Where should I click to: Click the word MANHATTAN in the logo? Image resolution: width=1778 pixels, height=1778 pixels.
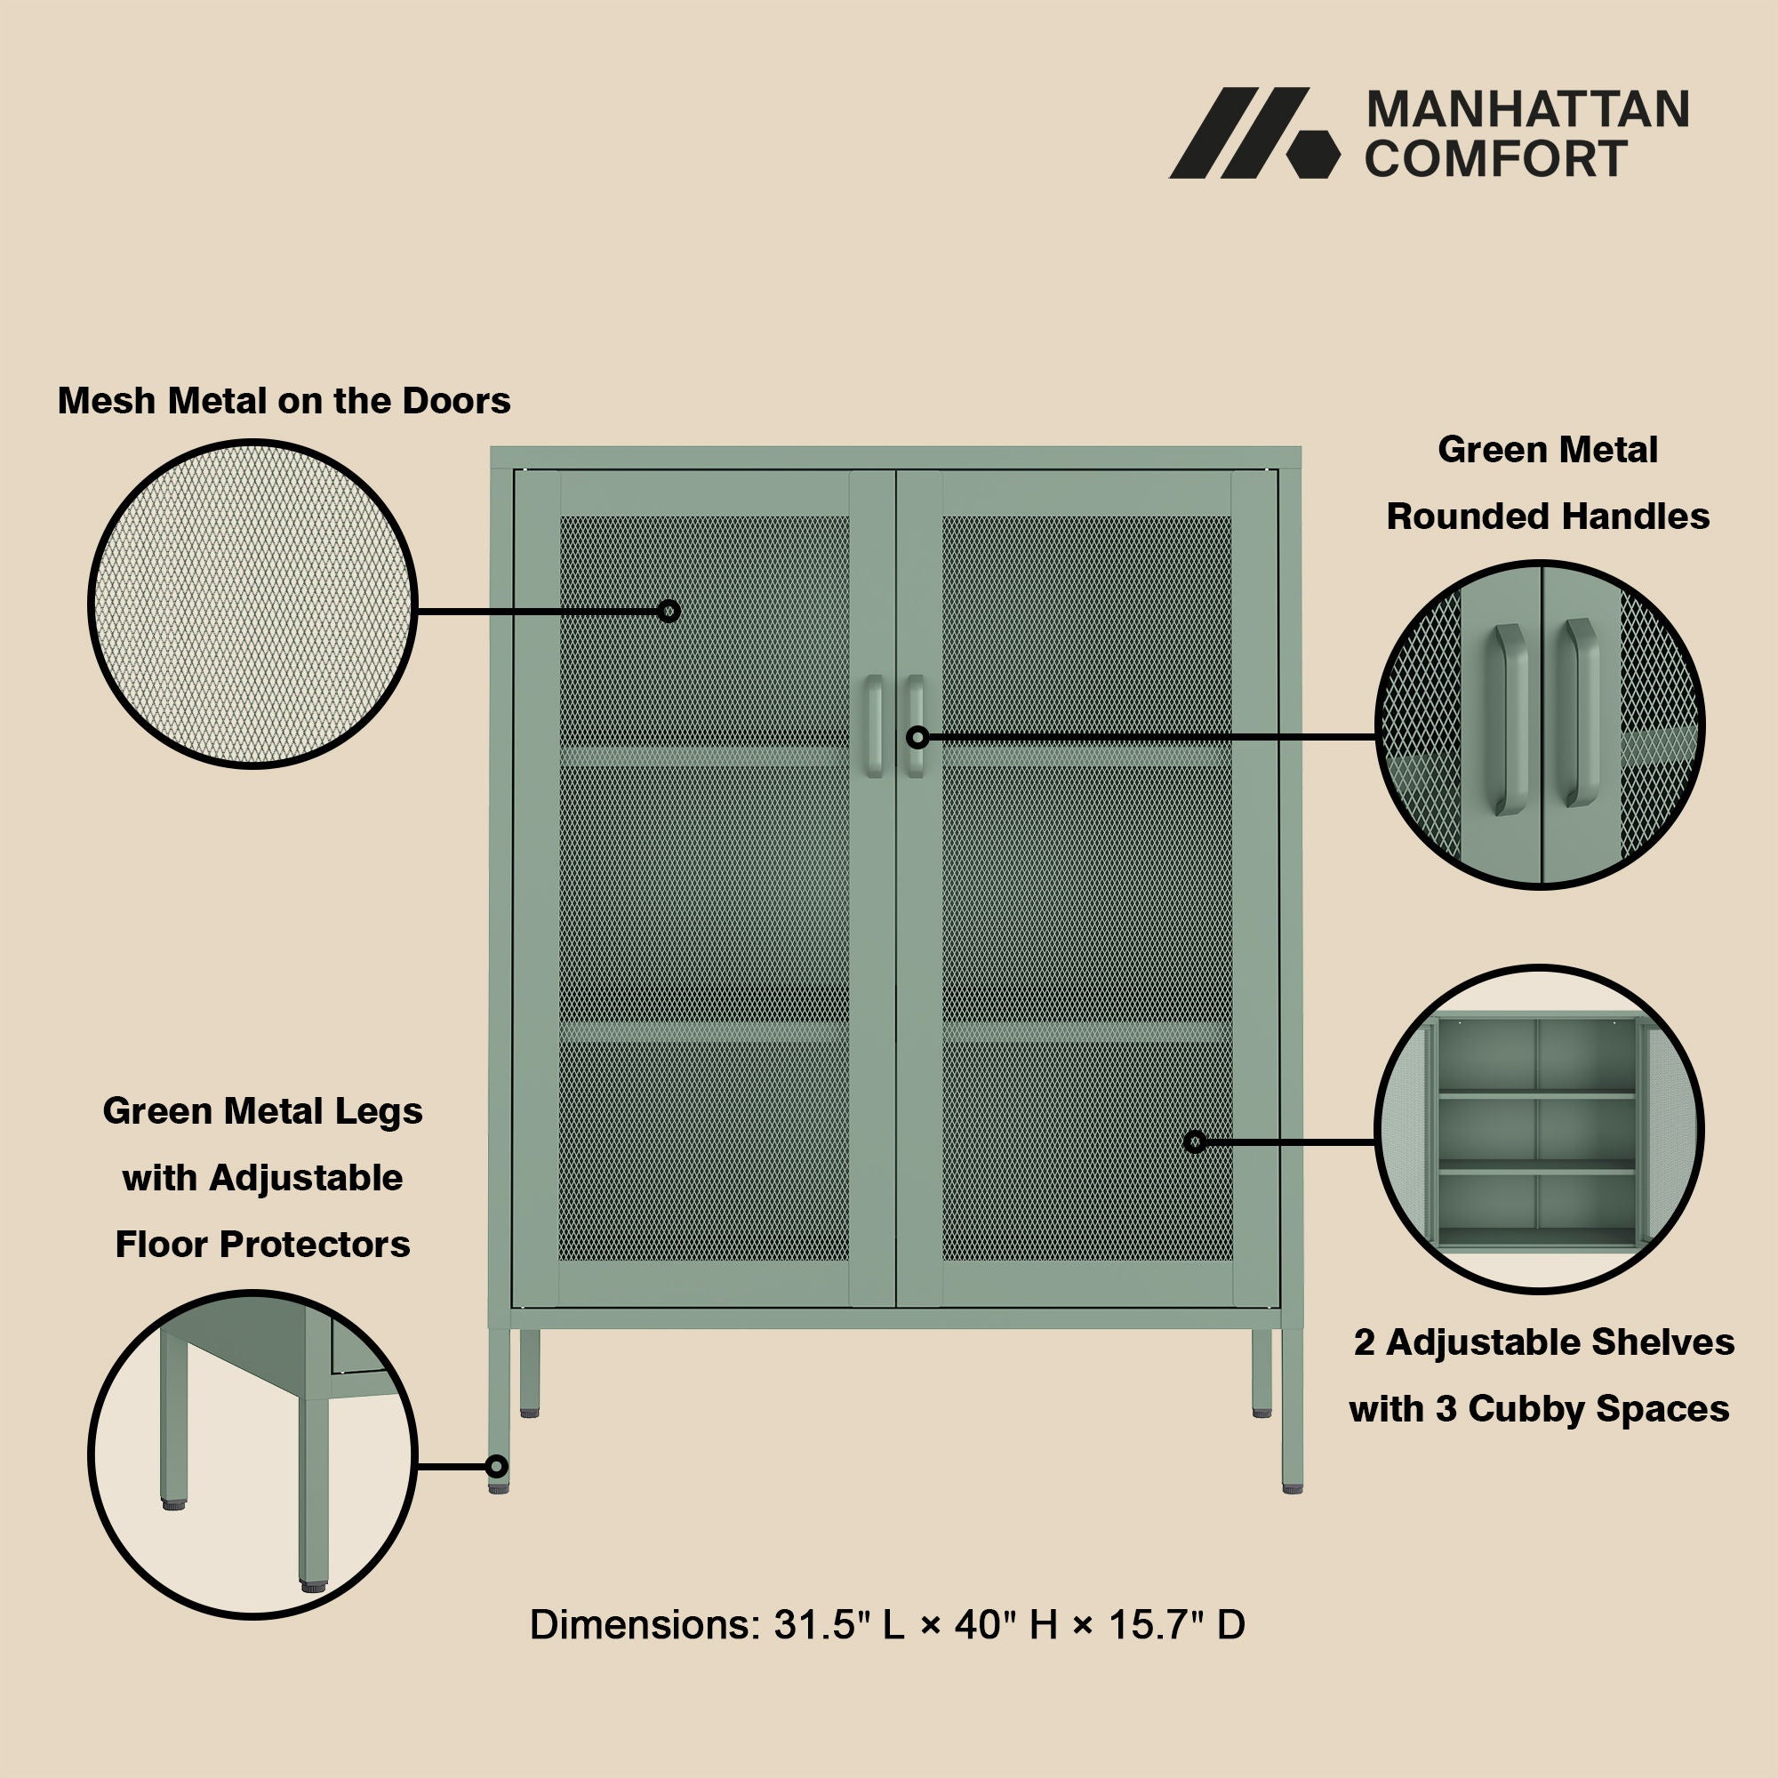pyautogui.click(x=1527, y=110)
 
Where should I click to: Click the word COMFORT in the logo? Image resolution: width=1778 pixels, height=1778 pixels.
pyautogui.click(x=1495, y=158)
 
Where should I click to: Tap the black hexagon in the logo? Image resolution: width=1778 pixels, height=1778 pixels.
pyautogui.click(x=1312, y=153)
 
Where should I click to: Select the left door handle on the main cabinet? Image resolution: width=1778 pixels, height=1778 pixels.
pyautogui.click(x=872, y=725)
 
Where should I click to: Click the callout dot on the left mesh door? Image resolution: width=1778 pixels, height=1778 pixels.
pyautogui.click(x=669, y=611)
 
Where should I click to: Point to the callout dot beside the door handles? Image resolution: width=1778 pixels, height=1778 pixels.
pyautogui.click(x=917, y=737)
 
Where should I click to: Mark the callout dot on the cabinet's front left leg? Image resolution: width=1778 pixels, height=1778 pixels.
pyautogui.click(x=497, y=1466)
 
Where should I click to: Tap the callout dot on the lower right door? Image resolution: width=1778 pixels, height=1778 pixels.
pyautogui.click(x=1195, y=1142)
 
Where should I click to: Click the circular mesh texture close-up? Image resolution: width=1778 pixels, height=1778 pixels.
pyautogui.click(x=253, y=604)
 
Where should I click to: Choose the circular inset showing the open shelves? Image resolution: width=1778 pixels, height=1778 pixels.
pyautogui.click(x=1539, y=1129)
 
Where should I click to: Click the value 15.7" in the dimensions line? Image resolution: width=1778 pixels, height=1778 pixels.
pyautogui.click(x=1156, y=1625)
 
